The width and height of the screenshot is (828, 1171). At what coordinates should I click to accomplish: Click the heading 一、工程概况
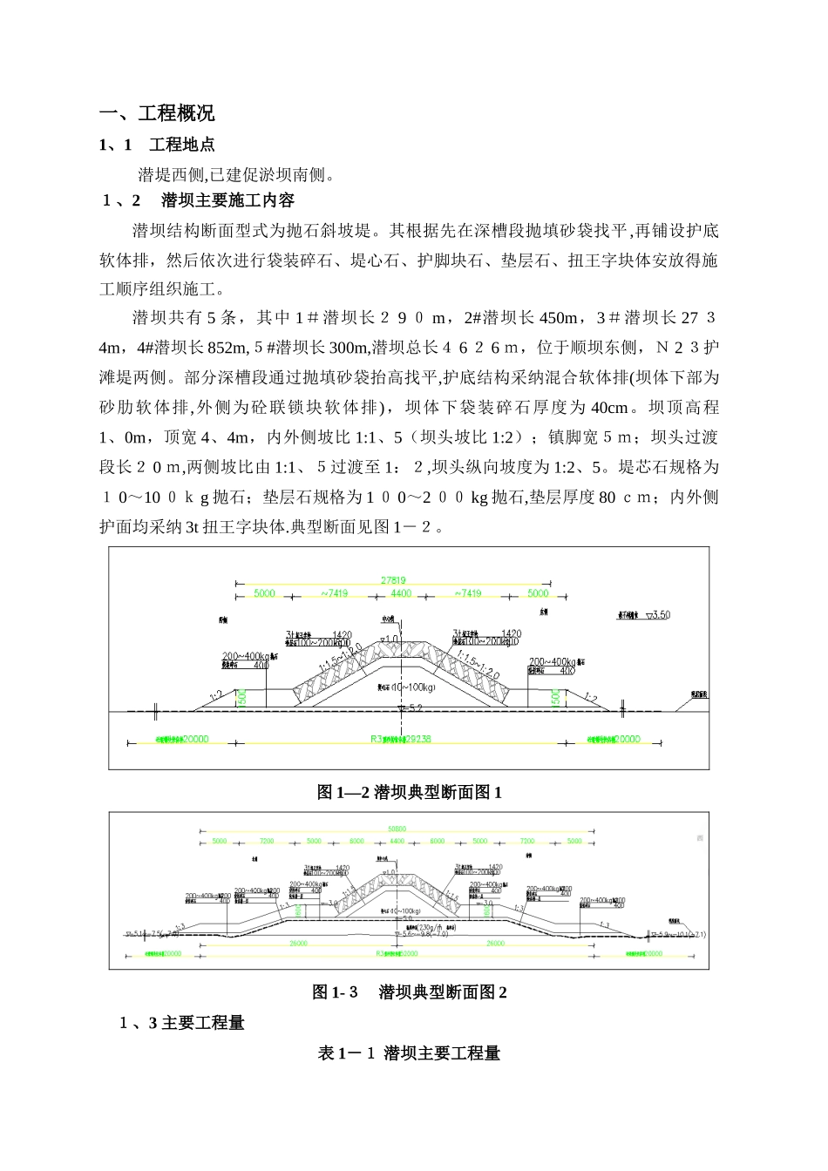coord(158,113)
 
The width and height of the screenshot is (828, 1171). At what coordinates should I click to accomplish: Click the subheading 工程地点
coord(182,145)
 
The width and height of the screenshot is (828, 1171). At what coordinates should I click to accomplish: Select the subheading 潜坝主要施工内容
coord(227,200)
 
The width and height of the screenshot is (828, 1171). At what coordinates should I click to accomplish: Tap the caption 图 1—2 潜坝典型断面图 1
coord(409,792)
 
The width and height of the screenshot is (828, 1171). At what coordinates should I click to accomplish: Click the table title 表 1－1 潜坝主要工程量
coord(410,1053)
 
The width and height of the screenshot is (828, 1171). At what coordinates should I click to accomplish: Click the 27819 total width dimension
coord(393,580)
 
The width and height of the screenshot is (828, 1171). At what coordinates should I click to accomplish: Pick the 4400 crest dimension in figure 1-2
coord(400,593)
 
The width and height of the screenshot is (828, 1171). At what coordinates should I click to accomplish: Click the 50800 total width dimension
coord(397,829)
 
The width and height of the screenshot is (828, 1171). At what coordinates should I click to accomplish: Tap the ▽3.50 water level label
coord(655,614)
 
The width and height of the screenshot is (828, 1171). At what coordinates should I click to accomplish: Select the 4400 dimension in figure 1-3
coord(397,842)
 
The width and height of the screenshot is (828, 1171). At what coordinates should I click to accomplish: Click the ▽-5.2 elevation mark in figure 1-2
coord(409,708)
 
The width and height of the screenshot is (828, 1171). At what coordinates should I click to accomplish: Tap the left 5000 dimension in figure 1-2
coord(263,593)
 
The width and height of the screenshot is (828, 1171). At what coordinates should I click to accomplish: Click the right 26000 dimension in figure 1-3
coord(495,944)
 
